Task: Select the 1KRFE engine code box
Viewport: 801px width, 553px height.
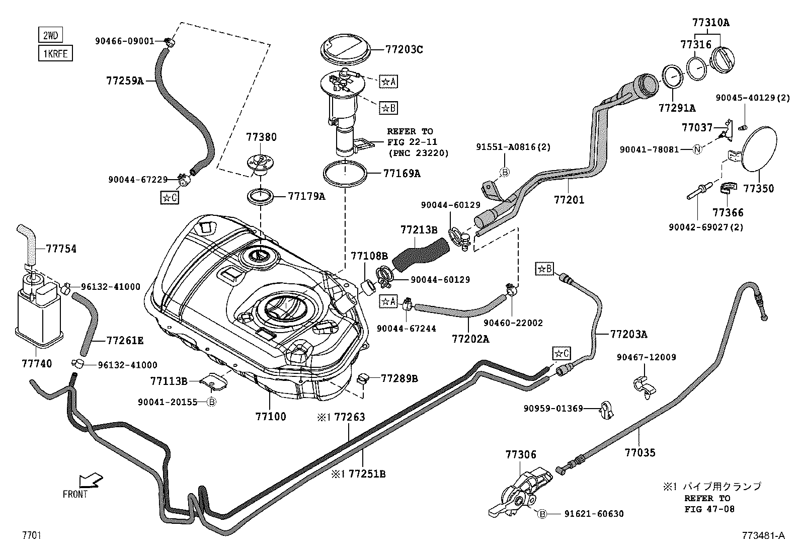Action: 55,53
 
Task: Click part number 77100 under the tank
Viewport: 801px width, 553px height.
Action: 271,416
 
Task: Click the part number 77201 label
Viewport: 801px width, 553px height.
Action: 569,200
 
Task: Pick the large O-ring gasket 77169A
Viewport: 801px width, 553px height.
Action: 345,174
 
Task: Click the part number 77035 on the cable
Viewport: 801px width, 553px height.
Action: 640,452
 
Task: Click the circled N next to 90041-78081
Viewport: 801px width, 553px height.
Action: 697,149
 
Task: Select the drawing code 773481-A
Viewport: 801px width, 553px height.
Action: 762,535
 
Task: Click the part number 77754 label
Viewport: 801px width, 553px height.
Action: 61,249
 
